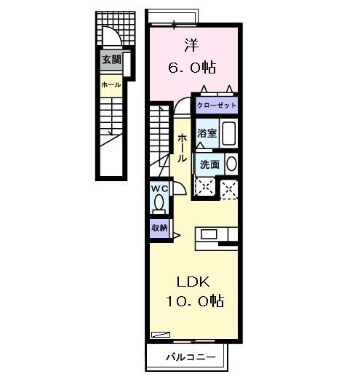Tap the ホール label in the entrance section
[x=111, y=85]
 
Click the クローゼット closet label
[x=216, y=105]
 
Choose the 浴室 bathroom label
[x=207, y=133]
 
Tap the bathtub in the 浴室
[x=230, y=135]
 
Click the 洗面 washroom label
[x=209, y=164]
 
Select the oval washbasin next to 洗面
[x=232, y=164]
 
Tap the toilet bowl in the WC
[x=159, y=203]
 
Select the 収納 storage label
[x=159, y=228]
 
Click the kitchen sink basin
[x=208, y=234]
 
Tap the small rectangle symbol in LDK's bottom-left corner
[x=159, y=334]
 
